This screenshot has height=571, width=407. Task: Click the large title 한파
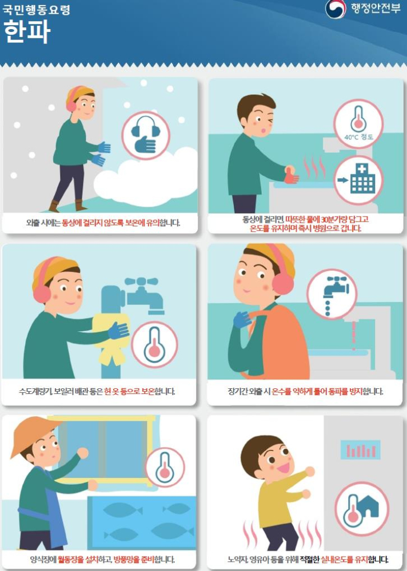tap(27, 31)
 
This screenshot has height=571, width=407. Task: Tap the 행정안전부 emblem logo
tap(335, 10)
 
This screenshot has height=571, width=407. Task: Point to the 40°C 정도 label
tap(358, 137)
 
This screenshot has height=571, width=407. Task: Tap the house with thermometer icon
tap(362, 508)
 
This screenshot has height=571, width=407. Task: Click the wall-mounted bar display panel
tap(360, 449)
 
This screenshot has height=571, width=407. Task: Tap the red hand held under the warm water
tap(292, 175)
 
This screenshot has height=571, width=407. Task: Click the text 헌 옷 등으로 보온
tap(129, 392)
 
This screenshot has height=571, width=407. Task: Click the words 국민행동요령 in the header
tap(36, 9)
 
